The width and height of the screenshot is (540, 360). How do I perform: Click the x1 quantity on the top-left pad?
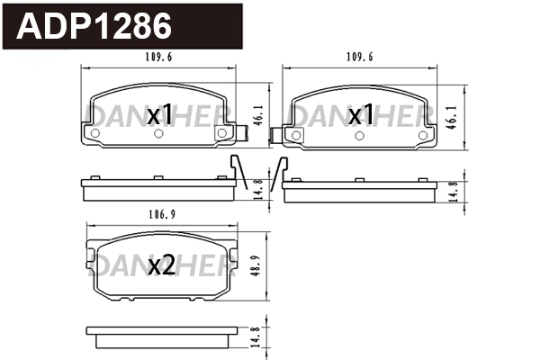pos(159,114)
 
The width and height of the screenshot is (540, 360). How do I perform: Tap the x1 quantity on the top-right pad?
pos(361,114)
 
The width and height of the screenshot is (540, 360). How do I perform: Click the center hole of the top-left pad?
pos(158,134)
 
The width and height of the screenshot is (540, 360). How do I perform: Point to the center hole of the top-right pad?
pos(360,134)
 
